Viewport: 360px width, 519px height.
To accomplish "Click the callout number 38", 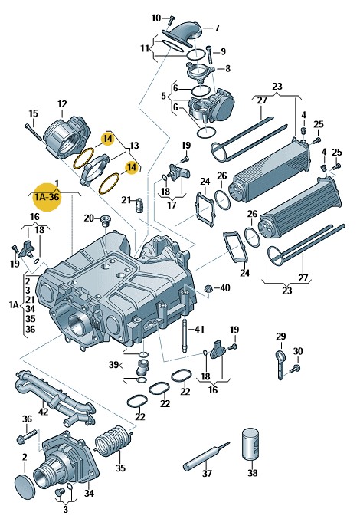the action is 252,473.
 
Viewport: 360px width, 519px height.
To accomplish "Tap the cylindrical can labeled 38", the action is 250,445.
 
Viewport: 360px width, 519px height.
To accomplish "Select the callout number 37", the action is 207,473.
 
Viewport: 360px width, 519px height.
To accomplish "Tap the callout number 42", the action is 44,412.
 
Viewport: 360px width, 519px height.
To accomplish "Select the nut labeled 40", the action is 208,288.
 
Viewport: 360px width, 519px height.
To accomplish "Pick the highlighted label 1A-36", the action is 48,197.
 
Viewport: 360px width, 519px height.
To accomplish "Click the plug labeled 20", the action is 106,220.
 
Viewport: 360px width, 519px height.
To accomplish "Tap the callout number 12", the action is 62,104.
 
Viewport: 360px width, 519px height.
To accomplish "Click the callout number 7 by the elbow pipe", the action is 217,28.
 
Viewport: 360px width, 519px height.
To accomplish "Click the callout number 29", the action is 280,337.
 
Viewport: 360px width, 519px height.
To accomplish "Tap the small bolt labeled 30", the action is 295,369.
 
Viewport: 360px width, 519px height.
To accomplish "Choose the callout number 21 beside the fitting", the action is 126,200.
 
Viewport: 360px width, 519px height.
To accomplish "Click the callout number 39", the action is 113,365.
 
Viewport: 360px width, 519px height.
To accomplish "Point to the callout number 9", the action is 223,51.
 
